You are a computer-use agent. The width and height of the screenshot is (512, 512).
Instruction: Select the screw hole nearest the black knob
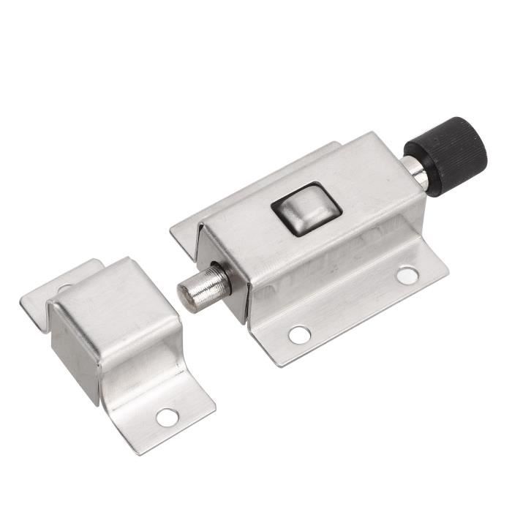(x=407, y=276)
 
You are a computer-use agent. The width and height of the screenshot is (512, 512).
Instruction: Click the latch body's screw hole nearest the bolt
(x=298, y=334)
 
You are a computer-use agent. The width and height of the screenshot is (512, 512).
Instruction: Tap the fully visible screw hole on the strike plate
(x=167, y=417)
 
